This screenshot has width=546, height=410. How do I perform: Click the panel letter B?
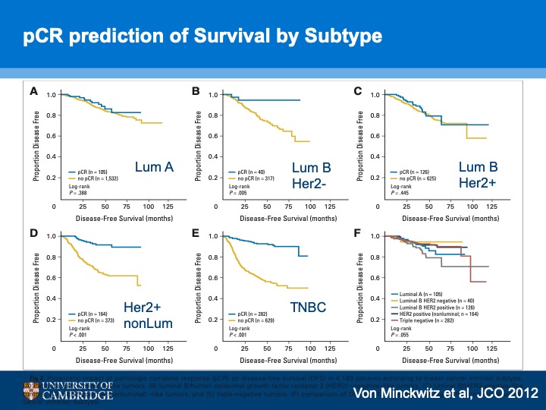[x=196, y=92]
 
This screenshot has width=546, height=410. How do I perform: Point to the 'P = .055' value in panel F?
[x=401, y=334]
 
